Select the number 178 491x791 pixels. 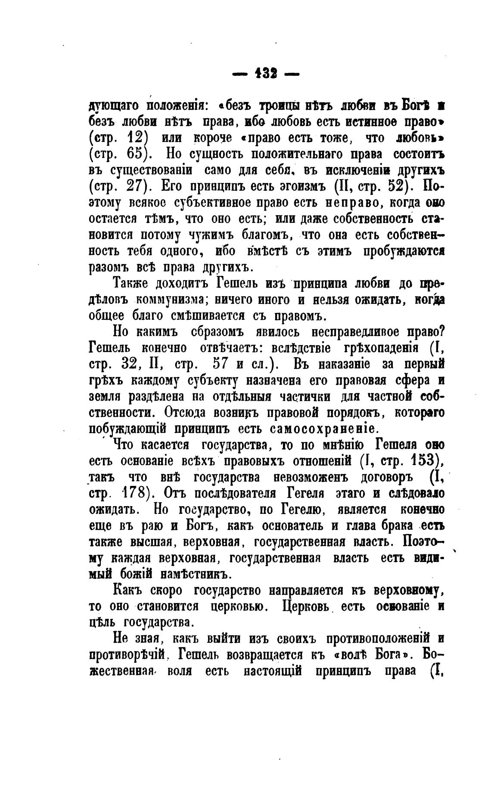click(x=136, y=492)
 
